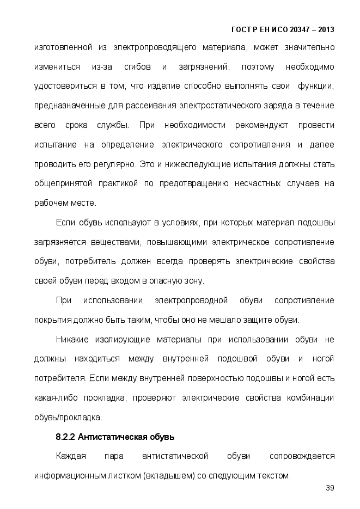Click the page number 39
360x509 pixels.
(330, 487)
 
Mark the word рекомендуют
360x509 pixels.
(261, 125)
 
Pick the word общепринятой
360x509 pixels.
(63, 183)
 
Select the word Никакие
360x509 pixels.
(74, 340)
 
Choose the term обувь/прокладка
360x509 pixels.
(68, 418)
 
